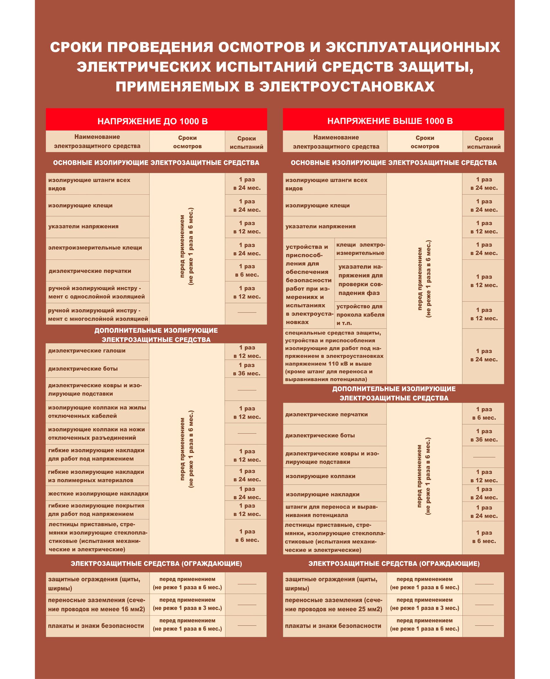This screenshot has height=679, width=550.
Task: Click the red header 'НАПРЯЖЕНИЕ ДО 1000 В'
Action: point(152,121)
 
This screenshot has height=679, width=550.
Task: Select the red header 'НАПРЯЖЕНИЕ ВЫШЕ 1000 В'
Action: point(390,121)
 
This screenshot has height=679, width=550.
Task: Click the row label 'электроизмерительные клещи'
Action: point(95,248)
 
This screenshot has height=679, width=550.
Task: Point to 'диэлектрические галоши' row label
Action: point(87,351)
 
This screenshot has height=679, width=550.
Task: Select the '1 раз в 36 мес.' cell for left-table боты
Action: point(247,369)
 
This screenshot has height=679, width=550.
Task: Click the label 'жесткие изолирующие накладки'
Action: point(98,494)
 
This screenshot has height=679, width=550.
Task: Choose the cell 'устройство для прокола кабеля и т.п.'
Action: point(360,315)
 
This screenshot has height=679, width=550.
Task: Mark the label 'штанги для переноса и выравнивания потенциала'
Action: point(331,511)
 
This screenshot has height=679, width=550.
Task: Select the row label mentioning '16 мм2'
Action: point(97,605)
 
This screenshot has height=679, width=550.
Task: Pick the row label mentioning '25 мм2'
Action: point(334,605)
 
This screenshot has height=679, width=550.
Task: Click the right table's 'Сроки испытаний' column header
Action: point(484,142)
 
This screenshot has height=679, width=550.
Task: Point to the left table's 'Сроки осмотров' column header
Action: point(187,142)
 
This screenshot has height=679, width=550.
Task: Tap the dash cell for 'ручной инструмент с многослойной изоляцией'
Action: point(247,313)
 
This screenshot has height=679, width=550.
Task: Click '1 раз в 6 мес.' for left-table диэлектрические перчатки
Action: point(247,271)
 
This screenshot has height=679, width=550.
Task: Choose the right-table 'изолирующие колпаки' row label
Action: point(320,476)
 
